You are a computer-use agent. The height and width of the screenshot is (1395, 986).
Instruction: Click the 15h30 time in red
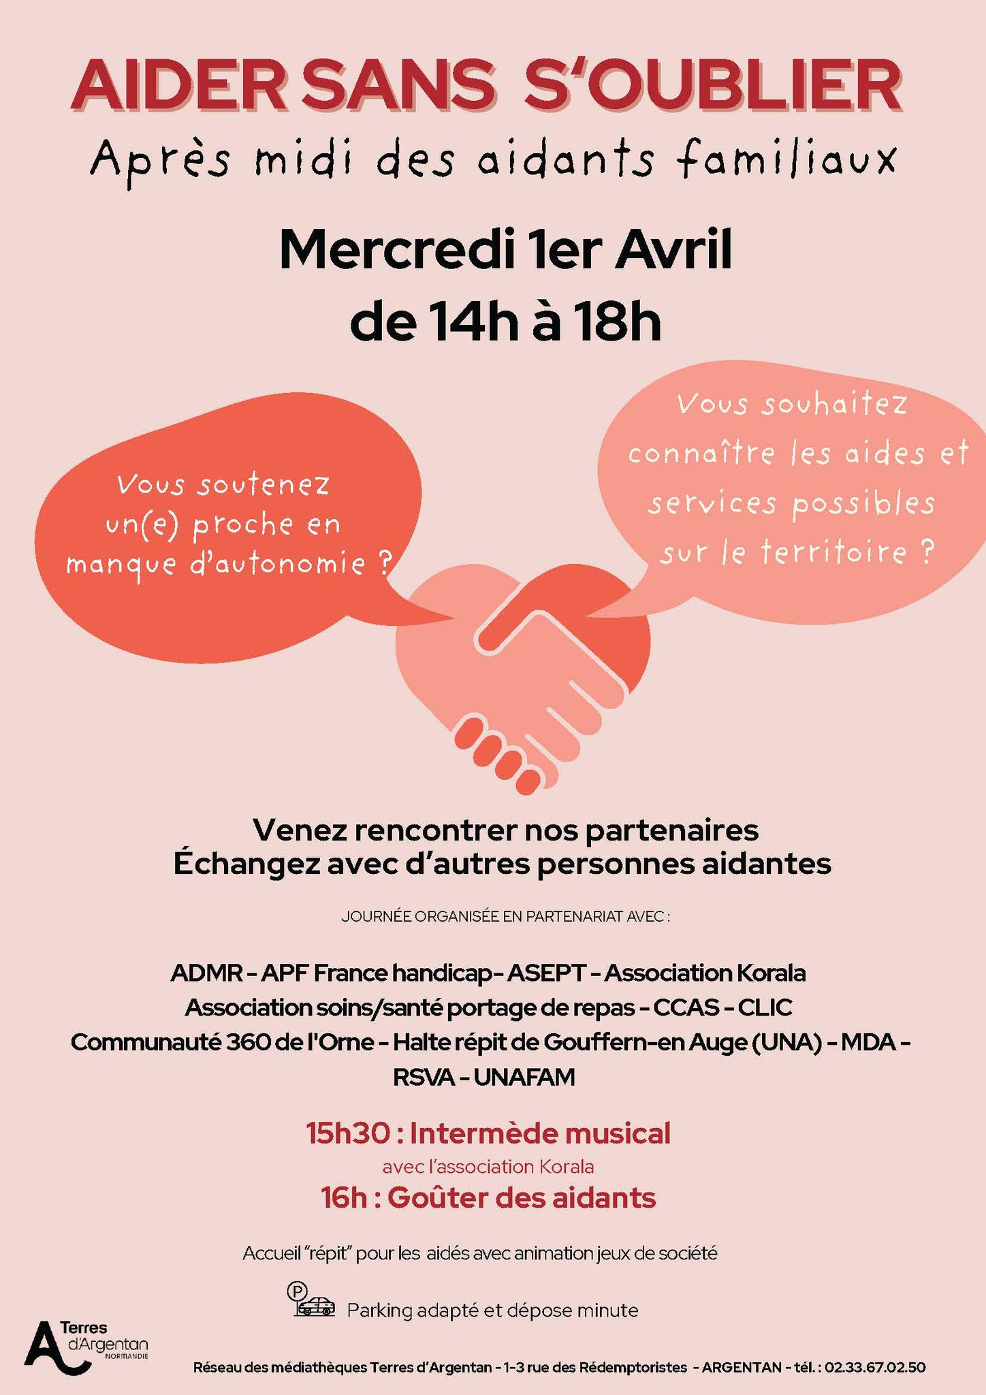point(348,1133)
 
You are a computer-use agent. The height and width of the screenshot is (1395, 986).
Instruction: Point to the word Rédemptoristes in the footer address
point(633,1367)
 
